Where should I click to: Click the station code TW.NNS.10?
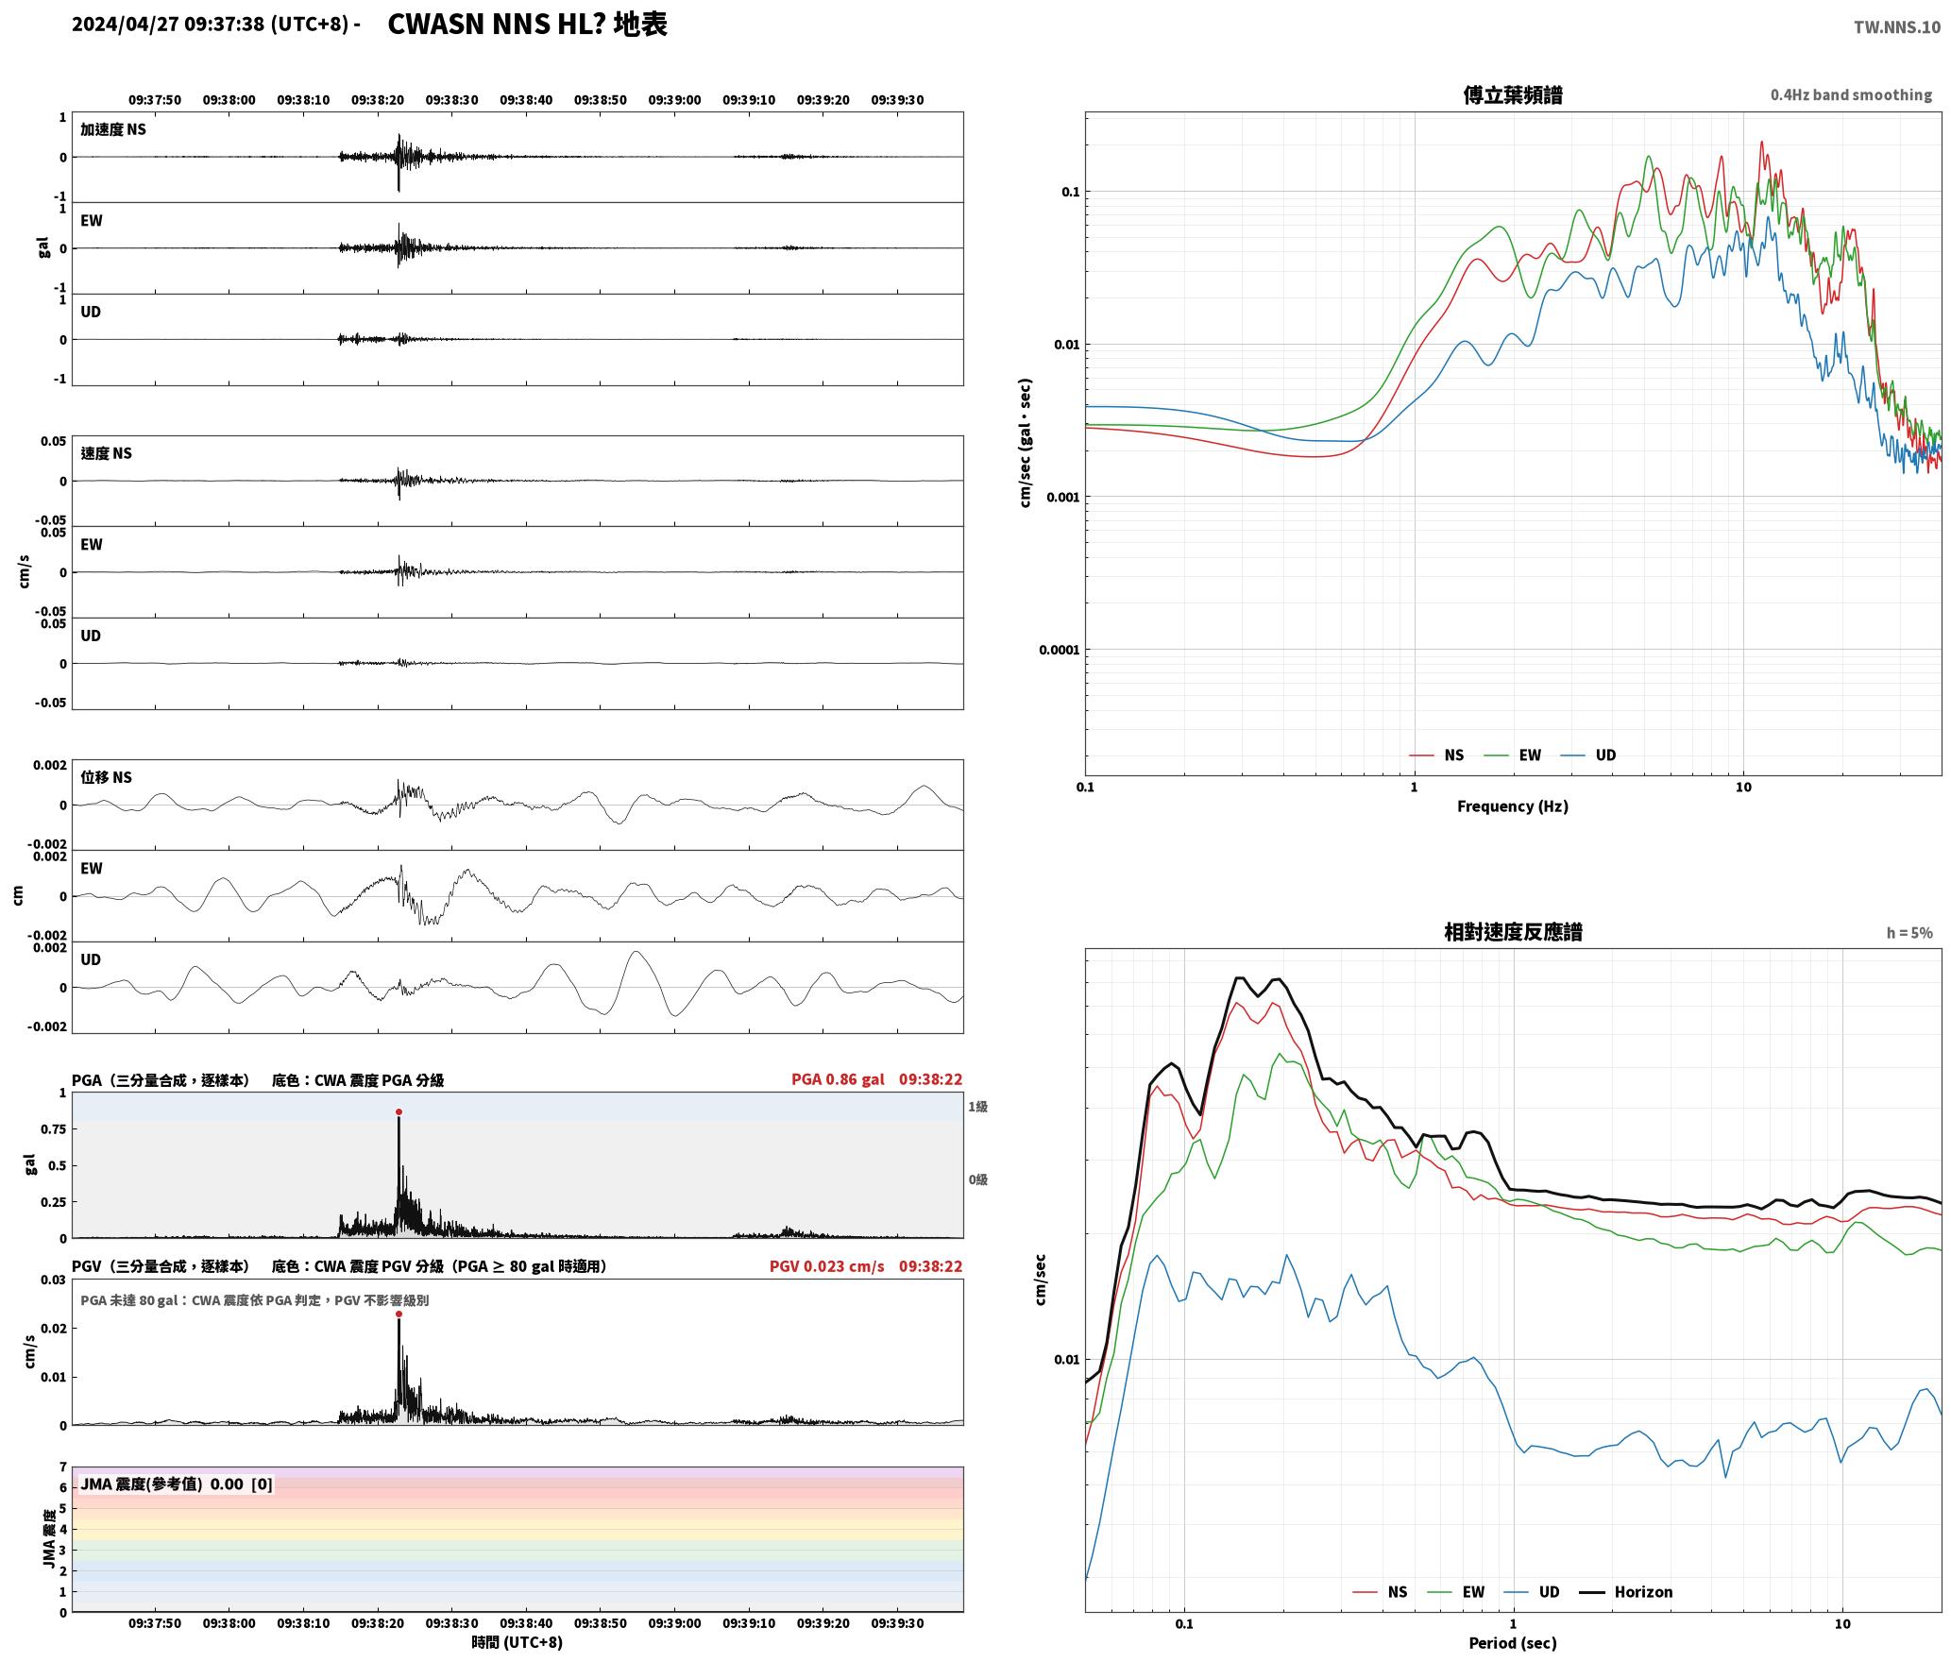click(1897, 26)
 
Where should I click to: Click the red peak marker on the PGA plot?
click(399, 1112)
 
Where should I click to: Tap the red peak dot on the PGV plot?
click(399, 1314)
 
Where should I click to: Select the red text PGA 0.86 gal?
click(838, 1079)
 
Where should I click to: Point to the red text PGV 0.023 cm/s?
click(827, 1266)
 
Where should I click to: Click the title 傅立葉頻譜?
click(1513, 94)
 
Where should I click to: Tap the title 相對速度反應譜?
click(1513, 932)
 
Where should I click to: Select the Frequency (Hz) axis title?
click(1513, 806)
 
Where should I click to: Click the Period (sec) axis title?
click(1513, 1643)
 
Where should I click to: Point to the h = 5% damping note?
click(1909, 933)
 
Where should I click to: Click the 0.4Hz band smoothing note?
click(1851, 95)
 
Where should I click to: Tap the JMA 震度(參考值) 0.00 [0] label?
click(177, 1484)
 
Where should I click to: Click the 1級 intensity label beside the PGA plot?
click(977, 1107)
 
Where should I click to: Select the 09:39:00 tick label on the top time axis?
click(674, 100)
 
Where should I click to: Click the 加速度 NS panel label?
click(113, 129)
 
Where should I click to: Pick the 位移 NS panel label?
click(107, 777)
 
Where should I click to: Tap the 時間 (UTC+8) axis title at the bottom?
click(517, 1642)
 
